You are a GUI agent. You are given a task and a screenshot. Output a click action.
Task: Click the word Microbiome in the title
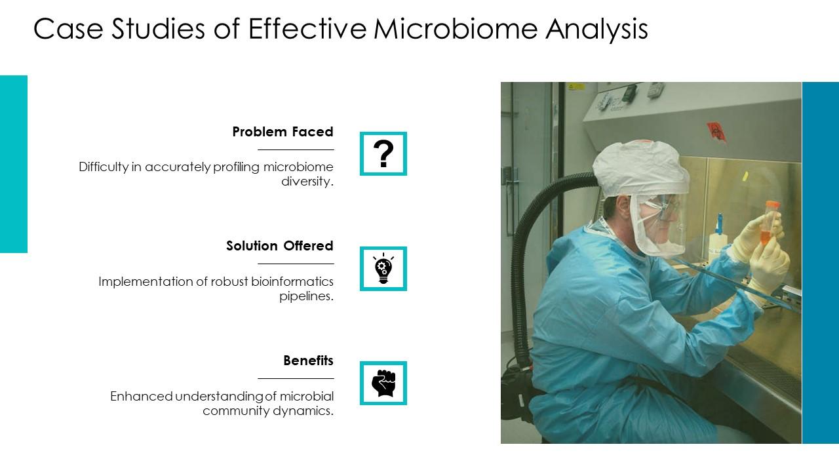[456, 29]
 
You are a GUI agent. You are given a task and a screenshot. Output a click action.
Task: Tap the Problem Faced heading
[283, 132]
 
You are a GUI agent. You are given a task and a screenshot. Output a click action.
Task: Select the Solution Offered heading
[279, 246]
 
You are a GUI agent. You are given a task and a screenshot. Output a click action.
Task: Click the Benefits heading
[308, 361]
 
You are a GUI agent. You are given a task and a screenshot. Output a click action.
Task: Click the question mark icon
[383, 153]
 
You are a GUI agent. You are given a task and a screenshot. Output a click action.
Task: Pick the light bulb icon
[383, 268]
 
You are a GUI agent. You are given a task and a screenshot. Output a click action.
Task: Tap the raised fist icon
[383, 383]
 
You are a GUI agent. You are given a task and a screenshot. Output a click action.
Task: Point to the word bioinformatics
[292, 281]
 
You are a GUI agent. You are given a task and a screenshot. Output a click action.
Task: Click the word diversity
[307, 182]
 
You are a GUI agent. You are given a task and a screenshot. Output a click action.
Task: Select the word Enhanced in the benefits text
[142, 397]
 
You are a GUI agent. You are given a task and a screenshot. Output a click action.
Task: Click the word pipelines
[306, 296]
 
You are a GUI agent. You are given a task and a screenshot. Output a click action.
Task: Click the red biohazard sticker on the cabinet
[716, 132]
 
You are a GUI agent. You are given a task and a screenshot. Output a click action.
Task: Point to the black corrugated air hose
[520, 262]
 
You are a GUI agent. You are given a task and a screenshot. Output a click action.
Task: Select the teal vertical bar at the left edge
[14, 164]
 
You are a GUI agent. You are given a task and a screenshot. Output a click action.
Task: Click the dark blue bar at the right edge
[820, 263]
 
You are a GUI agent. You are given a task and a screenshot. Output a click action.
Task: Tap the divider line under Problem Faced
[296, 150]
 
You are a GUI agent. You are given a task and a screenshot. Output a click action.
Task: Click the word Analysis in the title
[596, 29]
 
